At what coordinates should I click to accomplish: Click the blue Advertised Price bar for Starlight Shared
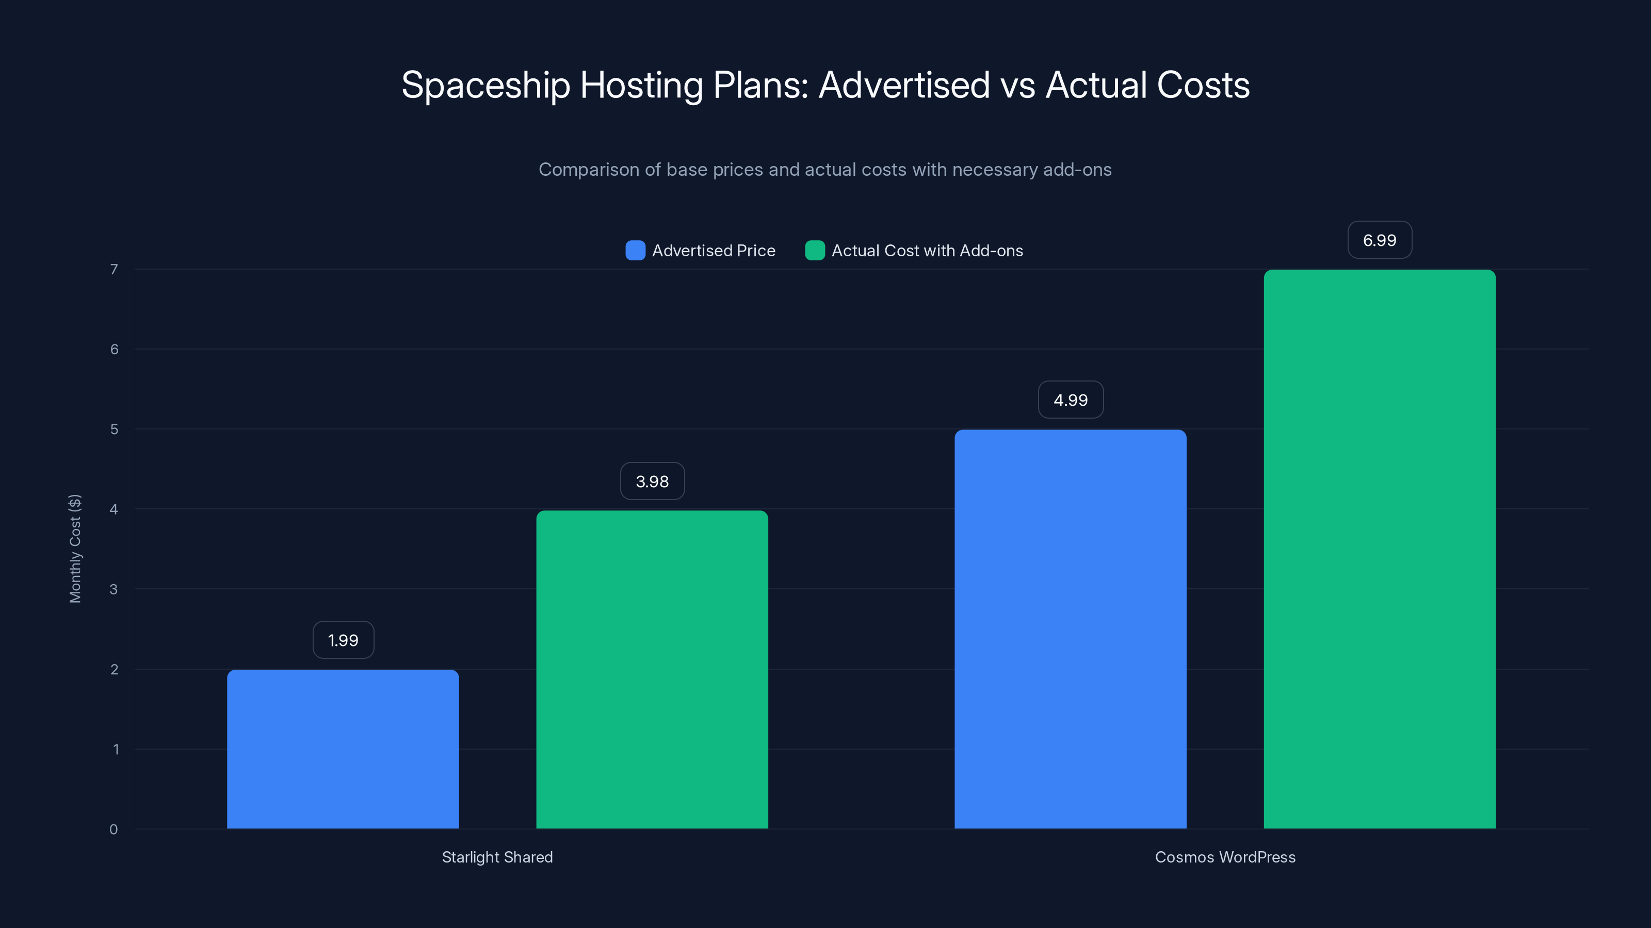[343, 749]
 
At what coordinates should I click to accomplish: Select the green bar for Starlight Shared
[652, 669]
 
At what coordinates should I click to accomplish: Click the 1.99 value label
[343, 640]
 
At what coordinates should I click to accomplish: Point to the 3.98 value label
[652, 481]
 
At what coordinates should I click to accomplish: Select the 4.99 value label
[1071, 400]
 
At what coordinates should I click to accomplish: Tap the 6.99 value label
[1379, 240]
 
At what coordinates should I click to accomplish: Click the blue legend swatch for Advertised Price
[635, 251]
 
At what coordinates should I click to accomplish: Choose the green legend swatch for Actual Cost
[815, 251]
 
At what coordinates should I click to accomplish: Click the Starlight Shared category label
[497, 857]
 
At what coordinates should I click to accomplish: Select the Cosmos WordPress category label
[1225, 857]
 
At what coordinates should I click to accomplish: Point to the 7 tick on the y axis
[114, 269]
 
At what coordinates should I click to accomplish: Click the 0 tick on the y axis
[114, 830]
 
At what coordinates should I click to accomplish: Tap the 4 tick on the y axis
[114, 509]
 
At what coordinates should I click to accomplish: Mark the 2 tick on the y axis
[114, 669]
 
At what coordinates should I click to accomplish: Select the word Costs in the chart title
[1203, 85]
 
